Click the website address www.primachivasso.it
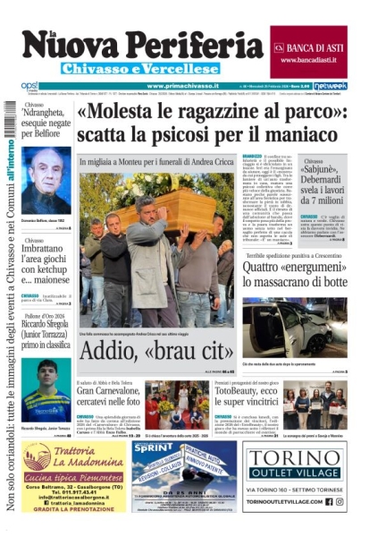(x=182, y=86)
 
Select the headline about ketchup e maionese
(x=46, y=269)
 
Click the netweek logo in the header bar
(x=330, y=86)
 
